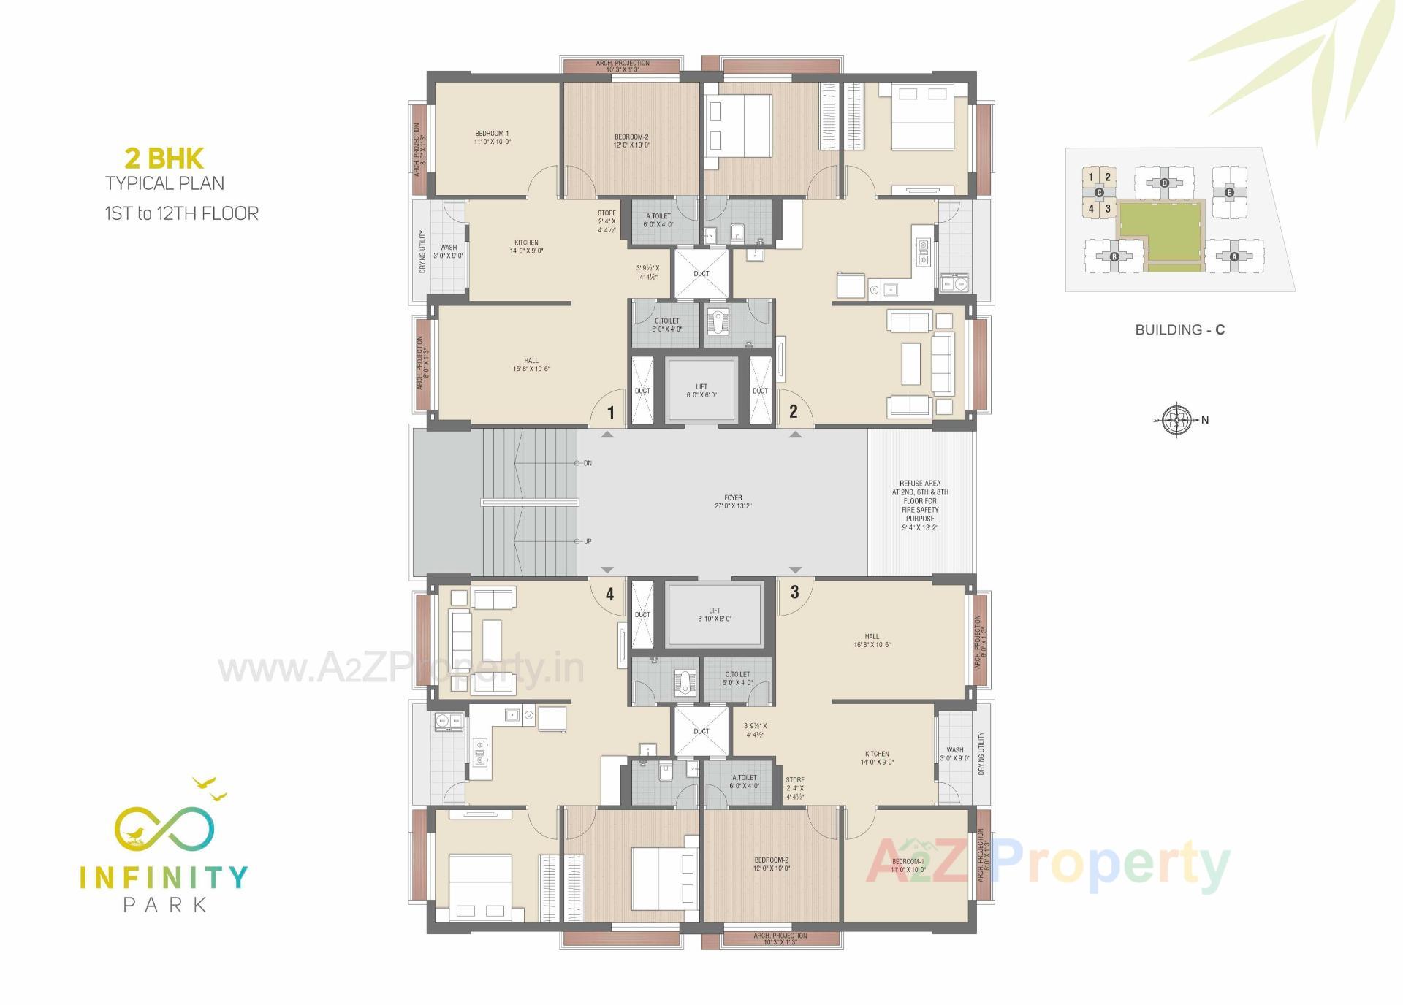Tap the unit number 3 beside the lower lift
794,592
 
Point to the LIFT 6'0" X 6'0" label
701,391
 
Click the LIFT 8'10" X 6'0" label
715,614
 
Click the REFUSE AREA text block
920,505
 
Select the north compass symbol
1176,420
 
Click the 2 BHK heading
164,158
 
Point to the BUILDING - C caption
1179,330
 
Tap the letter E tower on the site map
1229,193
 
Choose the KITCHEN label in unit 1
526,247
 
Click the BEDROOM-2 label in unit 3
772,864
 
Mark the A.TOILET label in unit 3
744,782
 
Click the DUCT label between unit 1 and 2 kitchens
701,274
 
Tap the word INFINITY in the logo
164,876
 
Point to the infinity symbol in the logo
164,829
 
